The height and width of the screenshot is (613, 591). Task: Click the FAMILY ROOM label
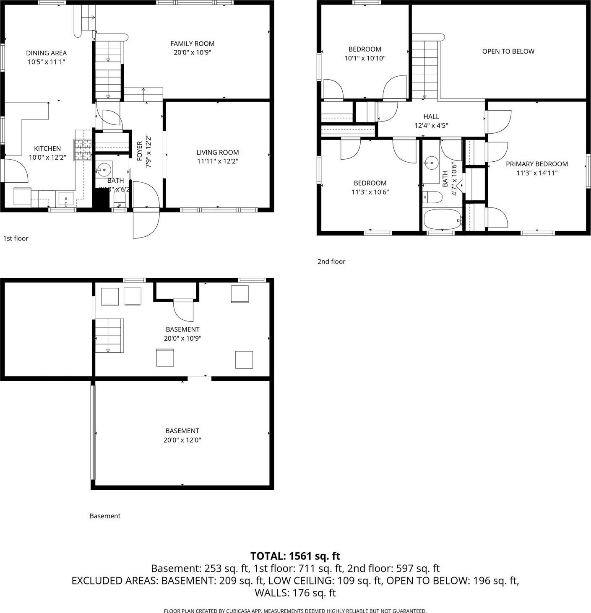[192, 44]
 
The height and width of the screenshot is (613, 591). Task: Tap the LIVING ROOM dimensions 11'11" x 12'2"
[217, 161]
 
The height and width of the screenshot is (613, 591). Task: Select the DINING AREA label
[46, 53]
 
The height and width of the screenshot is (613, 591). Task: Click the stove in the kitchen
[83, 150]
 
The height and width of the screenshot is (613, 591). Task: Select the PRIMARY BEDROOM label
[536, 164]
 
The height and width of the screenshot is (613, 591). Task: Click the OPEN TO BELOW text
[508, 52]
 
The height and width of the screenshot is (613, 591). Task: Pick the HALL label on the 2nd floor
[431, 116]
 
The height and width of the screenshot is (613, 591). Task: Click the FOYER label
[140, 151]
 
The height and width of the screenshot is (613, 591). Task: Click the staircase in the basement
[109, 336]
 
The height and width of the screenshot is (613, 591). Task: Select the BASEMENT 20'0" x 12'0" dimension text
[182, 440]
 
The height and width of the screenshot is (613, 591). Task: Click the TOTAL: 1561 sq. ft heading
[295, 556]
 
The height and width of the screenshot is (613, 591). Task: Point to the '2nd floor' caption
[331, 261]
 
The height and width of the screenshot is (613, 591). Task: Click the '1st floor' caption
[16, 238]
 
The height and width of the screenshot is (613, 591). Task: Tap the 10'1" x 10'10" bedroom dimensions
[364, 58]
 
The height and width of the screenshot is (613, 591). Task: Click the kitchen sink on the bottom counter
[66, 198]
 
